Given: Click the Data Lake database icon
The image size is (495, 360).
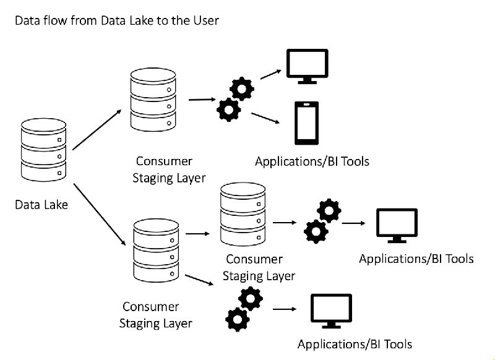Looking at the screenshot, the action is click(x=43, y=150).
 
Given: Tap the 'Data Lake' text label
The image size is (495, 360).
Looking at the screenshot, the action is click(x=41, y=205).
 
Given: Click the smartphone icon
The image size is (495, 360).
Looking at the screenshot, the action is click(x=306, y=123).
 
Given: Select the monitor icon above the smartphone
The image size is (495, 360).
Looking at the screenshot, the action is click(x=307, y=66).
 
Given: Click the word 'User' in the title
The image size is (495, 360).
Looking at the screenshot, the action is click(x=207, y=20).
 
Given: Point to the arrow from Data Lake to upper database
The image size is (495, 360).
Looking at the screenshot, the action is click(x=97, y=130).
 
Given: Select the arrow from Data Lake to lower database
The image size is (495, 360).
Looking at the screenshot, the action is click(x=100, y=214).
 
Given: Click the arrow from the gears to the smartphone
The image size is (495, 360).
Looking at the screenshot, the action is click(x=265, y=118).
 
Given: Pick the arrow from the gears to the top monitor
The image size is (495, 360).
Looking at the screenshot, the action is click(x=270, y=74).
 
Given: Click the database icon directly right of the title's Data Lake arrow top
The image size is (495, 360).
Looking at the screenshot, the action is click(x=153, y=100).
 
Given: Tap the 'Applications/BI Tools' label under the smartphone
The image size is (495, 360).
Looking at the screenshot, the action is click(x=312, y=161).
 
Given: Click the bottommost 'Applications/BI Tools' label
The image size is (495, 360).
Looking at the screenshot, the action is click(x=355, y=344).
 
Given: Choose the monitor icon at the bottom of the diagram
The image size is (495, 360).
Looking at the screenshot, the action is click(x=331, y=311).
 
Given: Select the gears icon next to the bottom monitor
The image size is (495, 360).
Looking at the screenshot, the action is click(x=244, y=309).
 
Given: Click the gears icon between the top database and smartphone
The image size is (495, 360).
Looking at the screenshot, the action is click(x=235, y=99).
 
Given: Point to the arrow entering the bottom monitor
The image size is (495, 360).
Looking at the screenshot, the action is click(x=285, y=309).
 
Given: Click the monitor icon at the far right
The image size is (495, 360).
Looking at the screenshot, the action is click(x=397, y=225).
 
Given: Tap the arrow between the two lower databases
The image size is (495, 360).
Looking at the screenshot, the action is click(x=197, y=234).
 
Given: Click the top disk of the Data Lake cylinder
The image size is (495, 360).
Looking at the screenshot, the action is click(x=43, y=124).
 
